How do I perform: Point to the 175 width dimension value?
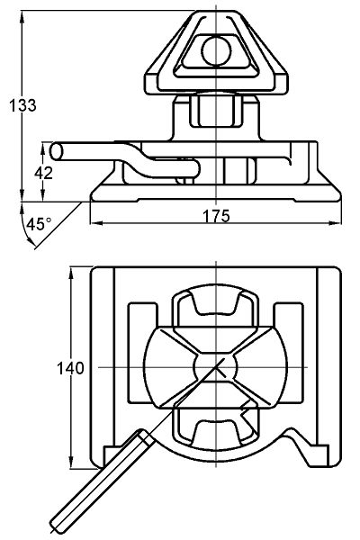point(216,216)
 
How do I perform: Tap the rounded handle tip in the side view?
point(55,151)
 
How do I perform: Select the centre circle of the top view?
point(215,367)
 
